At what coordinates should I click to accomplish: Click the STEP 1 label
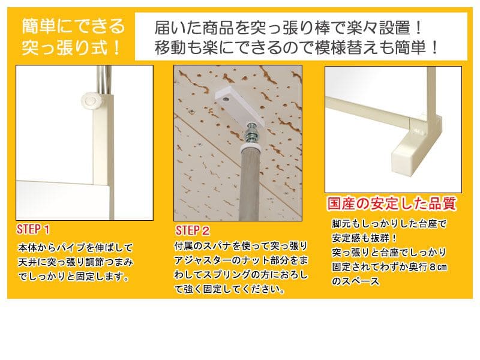[33, 230]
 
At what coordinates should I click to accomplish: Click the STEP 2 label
[193, 230]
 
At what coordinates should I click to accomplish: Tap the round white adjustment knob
[91, 100]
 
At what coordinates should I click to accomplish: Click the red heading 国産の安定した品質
[392, 203]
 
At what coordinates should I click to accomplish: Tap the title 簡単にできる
[73, 26]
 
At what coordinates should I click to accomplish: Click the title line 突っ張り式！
[71, 48]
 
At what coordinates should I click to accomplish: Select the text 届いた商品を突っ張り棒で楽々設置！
[289, 28]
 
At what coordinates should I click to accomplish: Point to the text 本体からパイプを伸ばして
[76, 247]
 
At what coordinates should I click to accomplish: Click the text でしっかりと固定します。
[73, 277]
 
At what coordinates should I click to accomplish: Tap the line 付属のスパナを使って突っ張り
[241, 246]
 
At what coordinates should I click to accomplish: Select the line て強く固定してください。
[230, 289]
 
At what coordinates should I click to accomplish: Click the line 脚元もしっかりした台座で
[389, 224]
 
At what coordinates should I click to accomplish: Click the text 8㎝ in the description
[438, 267]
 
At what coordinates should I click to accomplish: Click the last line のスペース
[356, 281]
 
